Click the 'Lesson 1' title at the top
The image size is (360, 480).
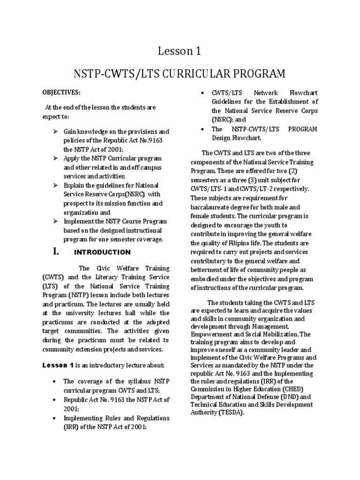tap(180, 51)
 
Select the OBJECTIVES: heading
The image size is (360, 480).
tap(61, 91)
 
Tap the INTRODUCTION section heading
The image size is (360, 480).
tap(102, 253)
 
